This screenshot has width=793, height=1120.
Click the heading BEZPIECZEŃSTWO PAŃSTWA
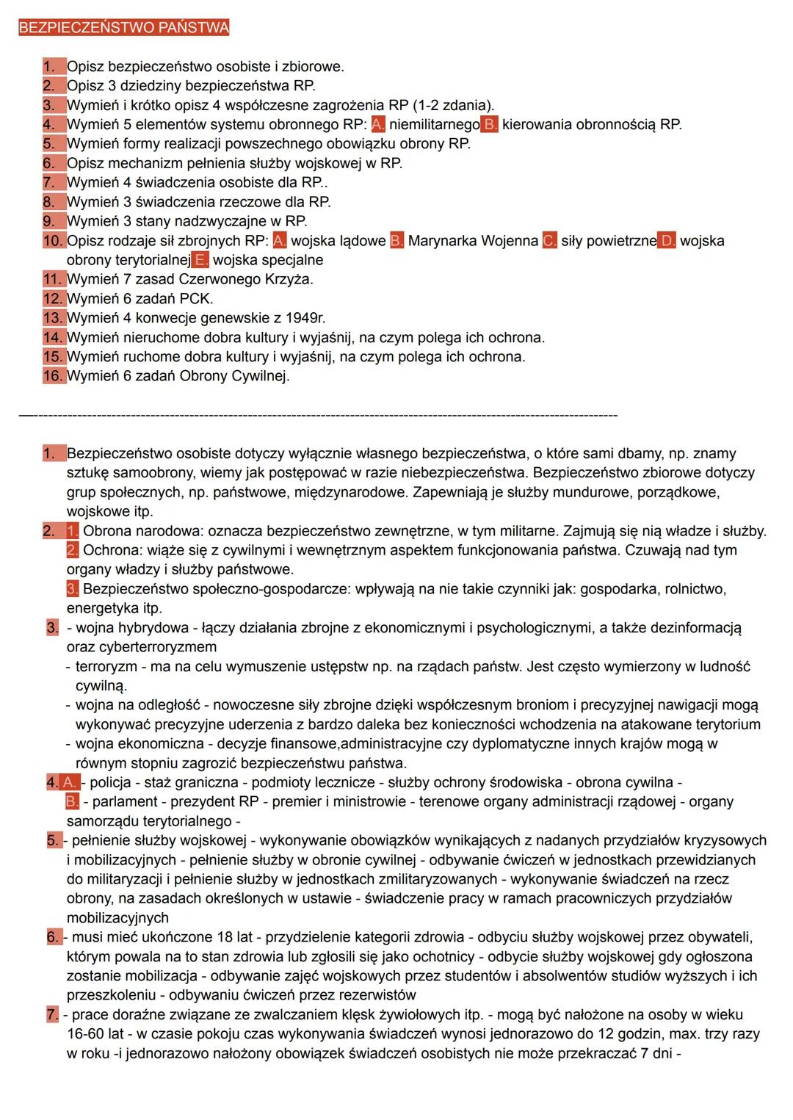123,28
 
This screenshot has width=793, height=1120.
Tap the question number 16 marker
54,376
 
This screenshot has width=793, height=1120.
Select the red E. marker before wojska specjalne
201,260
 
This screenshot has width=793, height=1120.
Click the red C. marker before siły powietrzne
550,241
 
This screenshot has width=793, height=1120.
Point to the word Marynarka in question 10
442,241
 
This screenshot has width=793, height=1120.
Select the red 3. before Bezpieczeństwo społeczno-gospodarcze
72,589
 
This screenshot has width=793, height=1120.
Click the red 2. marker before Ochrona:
72,550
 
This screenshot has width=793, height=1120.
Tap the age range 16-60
87,1033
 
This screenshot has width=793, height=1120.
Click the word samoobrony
153,473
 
